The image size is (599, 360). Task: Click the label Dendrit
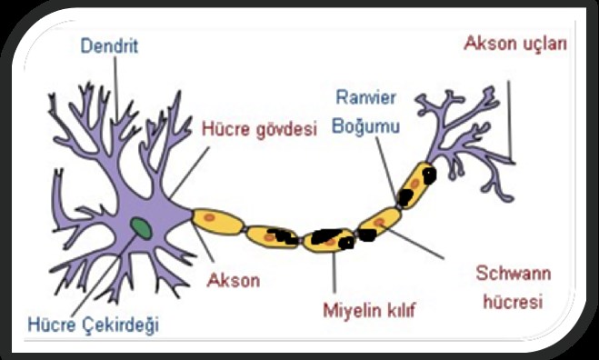[109, 45]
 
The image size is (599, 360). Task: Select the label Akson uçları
[515, 43]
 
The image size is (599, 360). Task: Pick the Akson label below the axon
[235, 279]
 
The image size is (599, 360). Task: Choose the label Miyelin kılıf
[368, 311]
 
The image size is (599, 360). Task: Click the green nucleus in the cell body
[140, 225]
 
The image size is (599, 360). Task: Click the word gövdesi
[290, 129]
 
